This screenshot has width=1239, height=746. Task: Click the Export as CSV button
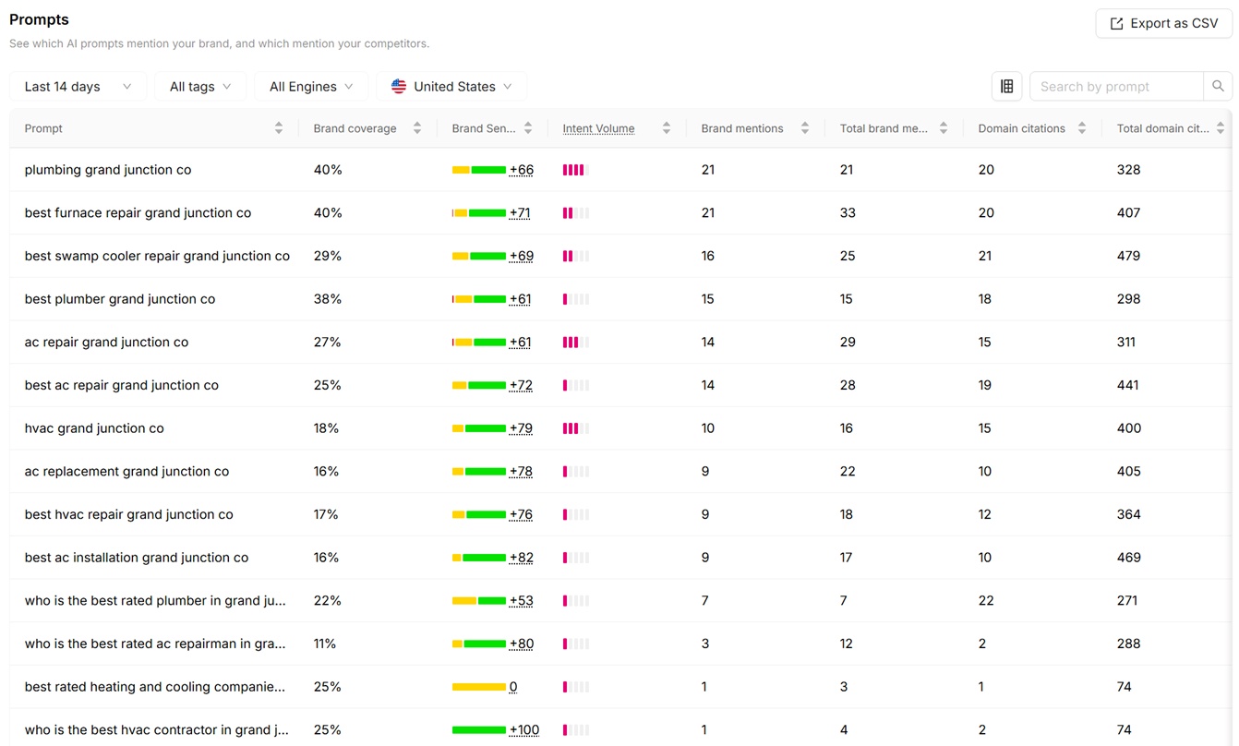1164,23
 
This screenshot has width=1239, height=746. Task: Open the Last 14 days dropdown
78,86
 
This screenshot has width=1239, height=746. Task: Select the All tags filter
200,86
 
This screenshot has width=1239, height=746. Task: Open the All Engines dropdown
311,86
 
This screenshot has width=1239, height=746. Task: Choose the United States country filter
451,86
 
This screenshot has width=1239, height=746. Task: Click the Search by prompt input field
1116,86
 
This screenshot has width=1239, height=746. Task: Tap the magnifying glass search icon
1218,86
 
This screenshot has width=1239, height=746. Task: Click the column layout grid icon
1006,86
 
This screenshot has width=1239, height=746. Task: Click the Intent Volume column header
598,128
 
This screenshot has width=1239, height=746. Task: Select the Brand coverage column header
355,128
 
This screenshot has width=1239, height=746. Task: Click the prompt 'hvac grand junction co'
94,428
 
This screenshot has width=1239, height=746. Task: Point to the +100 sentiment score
523,730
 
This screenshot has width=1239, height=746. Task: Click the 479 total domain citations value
1128,256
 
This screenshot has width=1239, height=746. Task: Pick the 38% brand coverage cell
328,298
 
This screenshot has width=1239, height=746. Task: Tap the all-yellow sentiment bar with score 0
479,687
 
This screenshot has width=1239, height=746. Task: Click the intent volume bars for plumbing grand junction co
576,170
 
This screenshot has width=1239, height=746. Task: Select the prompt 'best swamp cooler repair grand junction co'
157,256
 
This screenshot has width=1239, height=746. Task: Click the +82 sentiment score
521,558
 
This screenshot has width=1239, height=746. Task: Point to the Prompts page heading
39,19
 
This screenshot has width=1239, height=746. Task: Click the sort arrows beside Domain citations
1081,128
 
